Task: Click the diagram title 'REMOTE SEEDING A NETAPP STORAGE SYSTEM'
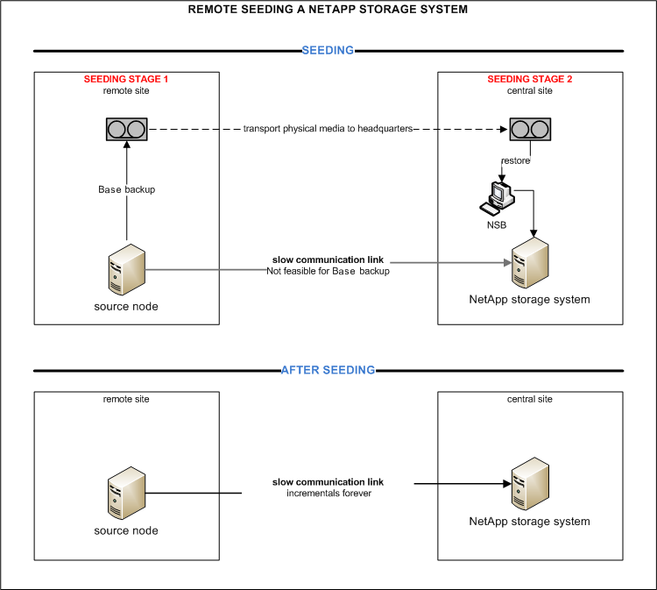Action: pos(328,10)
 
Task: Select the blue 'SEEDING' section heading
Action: pos(328,50)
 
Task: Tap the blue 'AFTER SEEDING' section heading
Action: pos(328,370)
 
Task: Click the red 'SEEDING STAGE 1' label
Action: pos(126,79)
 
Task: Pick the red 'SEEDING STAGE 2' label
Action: pos(530,79)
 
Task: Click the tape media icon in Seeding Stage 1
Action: pos(127,131)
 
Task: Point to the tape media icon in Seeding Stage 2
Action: pos(530,130)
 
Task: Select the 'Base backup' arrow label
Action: pos(127,189)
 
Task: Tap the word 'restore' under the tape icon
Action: pos(515,160)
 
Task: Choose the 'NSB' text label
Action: pos(496,224)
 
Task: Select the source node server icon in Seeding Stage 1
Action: pos(126,269)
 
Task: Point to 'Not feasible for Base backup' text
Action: pos(328,272)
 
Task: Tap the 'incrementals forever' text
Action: pos(328,494)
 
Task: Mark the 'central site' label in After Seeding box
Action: pos(530,399)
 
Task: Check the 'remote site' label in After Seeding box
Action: pos(126,399)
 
